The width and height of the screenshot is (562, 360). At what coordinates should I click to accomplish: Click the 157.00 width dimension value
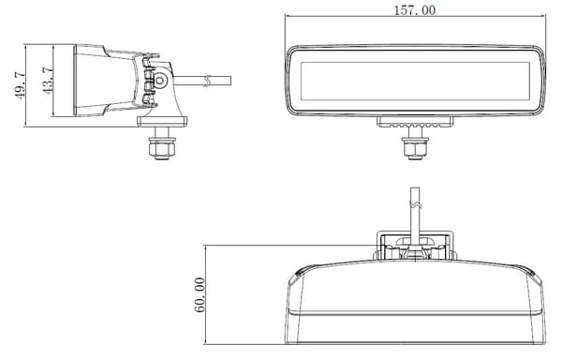pos(415,10)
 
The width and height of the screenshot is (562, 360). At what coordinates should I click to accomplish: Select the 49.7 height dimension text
pos(20,85)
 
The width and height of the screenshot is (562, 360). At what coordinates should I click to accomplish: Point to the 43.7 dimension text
pos(48,81)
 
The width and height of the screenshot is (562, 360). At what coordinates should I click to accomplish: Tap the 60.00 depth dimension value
pos(200,294)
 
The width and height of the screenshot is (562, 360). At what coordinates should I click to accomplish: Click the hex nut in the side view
pos(162,147)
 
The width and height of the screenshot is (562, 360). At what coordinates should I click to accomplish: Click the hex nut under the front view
pos(415,147)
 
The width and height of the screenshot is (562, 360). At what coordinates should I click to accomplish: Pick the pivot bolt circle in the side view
pos(160,81)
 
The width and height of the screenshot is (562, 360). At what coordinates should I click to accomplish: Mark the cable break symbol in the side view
pos(207,81)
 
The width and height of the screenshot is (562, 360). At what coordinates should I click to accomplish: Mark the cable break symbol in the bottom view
pos(415,205)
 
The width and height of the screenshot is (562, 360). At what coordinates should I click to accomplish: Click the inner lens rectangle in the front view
pos(415,81)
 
